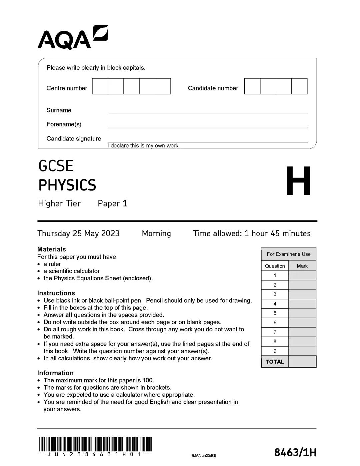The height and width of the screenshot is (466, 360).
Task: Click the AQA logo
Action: [x=72, y=37]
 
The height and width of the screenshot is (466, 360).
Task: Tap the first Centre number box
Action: [x=100, y=86]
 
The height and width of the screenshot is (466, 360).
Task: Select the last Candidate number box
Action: [x=299, y=86]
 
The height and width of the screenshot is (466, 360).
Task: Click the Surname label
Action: [x=59, y=110]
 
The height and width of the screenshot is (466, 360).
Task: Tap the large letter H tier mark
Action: [x=298, y=181]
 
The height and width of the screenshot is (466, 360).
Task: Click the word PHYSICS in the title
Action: [x=67, y=185]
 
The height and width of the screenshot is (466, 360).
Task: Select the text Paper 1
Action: [x=112, y=203]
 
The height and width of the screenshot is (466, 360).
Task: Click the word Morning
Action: [x=156, y=234]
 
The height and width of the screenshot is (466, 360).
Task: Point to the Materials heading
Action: [x=52, y=249]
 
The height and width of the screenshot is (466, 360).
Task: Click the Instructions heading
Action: [x=56, y=293]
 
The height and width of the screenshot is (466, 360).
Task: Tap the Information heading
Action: [x=55, y=373]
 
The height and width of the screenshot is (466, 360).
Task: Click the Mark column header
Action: [x=302, y=266]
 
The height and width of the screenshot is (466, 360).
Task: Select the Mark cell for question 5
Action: [x=302, y=313]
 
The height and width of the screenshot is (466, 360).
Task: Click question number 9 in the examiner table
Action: [x=275, y=351]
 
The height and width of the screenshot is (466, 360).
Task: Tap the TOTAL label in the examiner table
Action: [x=275, y=362]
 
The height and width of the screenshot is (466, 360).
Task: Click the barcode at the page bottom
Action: [x=95, y=444]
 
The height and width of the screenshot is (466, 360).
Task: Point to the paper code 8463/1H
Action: [x=295, y=453]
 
